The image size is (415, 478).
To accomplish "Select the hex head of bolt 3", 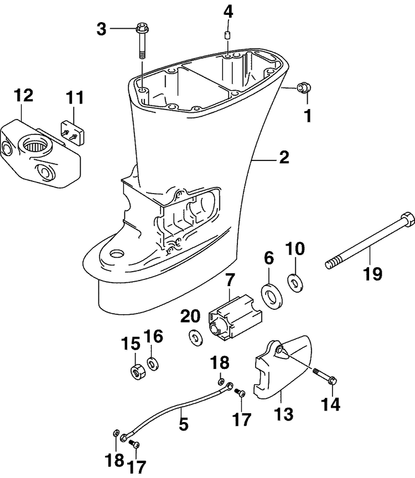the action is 142,28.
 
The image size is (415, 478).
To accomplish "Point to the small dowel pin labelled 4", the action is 227,35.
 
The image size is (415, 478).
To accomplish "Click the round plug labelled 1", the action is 304,87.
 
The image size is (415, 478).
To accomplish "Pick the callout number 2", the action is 284,157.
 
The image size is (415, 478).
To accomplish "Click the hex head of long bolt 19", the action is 407,219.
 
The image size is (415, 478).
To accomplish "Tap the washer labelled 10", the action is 295,283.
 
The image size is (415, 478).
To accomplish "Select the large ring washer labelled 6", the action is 271,295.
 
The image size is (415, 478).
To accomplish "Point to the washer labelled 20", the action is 195,337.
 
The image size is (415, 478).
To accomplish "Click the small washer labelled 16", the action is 153,363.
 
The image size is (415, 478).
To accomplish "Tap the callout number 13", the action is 283,414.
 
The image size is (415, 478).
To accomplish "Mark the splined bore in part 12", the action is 35,147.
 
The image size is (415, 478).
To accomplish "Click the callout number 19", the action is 372,273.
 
